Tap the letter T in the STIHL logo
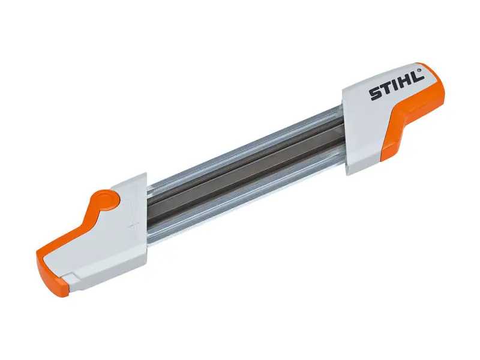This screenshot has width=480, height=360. pyautogui.click(x=386, y=90)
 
